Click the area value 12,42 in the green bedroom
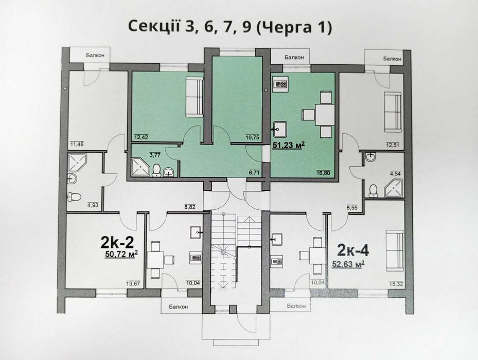coord(141,137)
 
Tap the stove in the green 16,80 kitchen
coord(281,84)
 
